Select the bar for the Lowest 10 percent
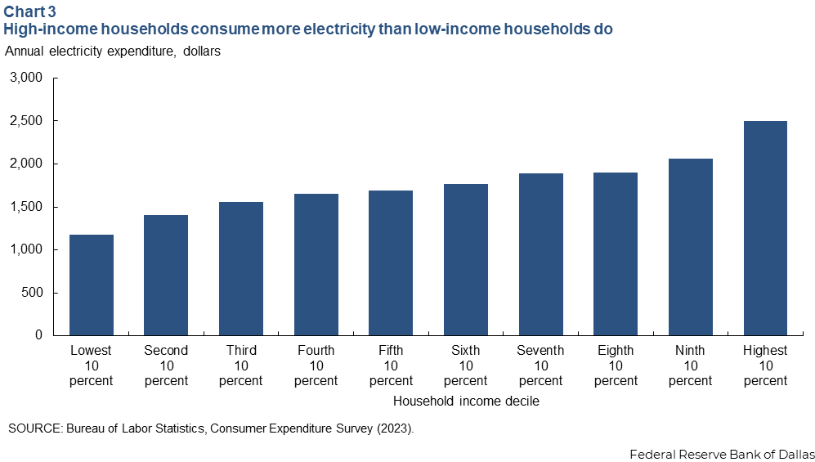point(91,285)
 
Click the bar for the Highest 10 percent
point(765,228)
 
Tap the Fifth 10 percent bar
point(391,262)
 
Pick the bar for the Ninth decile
point(691,247)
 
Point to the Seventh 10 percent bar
point(540,254)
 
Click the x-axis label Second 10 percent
point(166,365)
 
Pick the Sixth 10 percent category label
point(466,365)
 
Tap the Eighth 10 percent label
point(616,365)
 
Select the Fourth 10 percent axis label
point(316,365)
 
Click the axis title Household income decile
point(466,401)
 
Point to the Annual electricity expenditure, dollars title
point(113,52)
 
